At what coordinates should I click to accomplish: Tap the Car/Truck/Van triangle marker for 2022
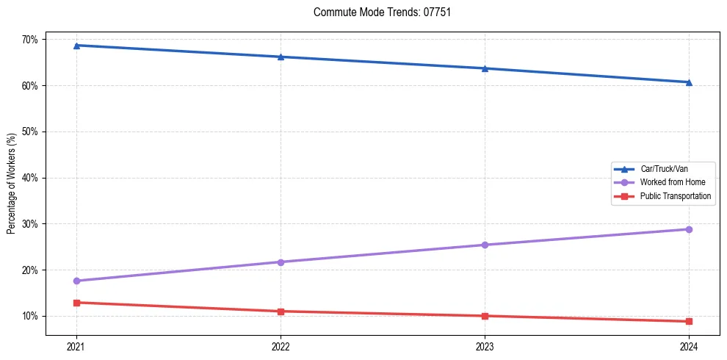pos(281,57)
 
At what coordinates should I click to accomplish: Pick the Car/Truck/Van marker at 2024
pos(689,82)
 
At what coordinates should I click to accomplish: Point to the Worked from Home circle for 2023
pos(485,245)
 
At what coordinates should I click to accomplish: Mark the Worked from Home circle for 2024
pos(689,229)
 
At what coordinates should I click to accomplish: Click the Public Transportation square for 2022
pos(281,312)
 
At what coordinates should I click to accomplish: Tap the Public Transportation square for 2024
pos(689,321)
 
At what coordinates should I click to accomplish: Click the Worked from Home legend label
pos(672,182)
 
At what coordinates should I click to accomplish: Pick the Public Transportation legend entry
pos(675,196)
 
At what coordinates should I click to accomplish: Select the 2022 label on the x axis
pos(281,346)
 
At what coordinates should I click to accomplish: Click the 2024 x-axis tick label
pos(689,346)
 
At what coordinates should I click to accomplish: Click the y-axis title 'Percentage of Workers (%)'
pos(12,184)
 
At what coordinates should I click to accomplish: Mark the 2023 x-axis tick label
pos(485,346)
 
